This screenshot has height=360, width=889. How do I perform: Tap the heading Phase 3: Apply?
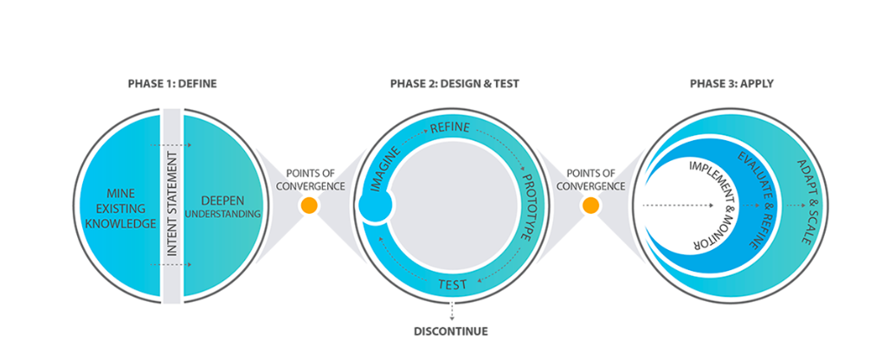[731, 84]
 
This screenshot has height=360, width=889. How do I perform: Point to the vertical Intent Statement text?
[171, 205]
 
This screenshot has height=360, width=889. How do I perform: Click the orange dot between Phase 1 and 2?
[308, 206]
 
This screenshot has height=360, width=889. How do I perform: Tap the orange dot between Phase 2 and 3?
[590, 206]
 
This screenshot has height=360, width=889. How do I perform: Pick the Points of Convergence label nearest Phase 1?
[309, 179]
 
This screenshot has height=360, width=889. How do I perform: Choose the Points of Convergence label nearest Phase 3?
[590, 179]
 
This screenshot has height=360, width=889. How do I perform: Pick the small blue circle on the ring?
[375, 206]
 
